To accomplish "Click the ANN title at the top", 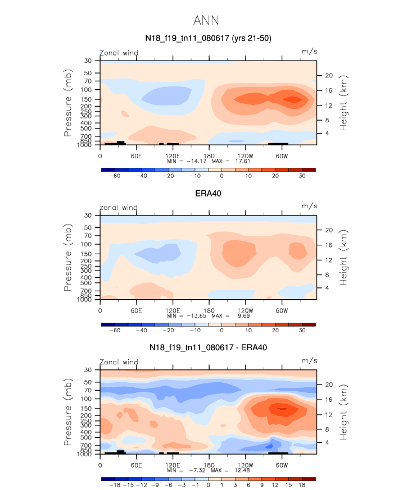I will tap(206, 21).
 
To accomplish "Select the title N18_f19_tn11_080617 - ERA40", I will tap(208, 347).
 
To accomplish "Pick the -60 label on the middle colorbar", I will tap(114, 331).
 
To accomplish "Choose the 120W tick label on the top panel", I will tap(246, 155).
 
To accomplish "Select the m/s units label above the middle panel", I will tap(310, 206).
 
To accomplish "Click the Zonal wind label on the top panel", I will tap(119, 53).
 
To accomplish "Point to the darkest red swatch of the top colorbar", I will tap(309, 169).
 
